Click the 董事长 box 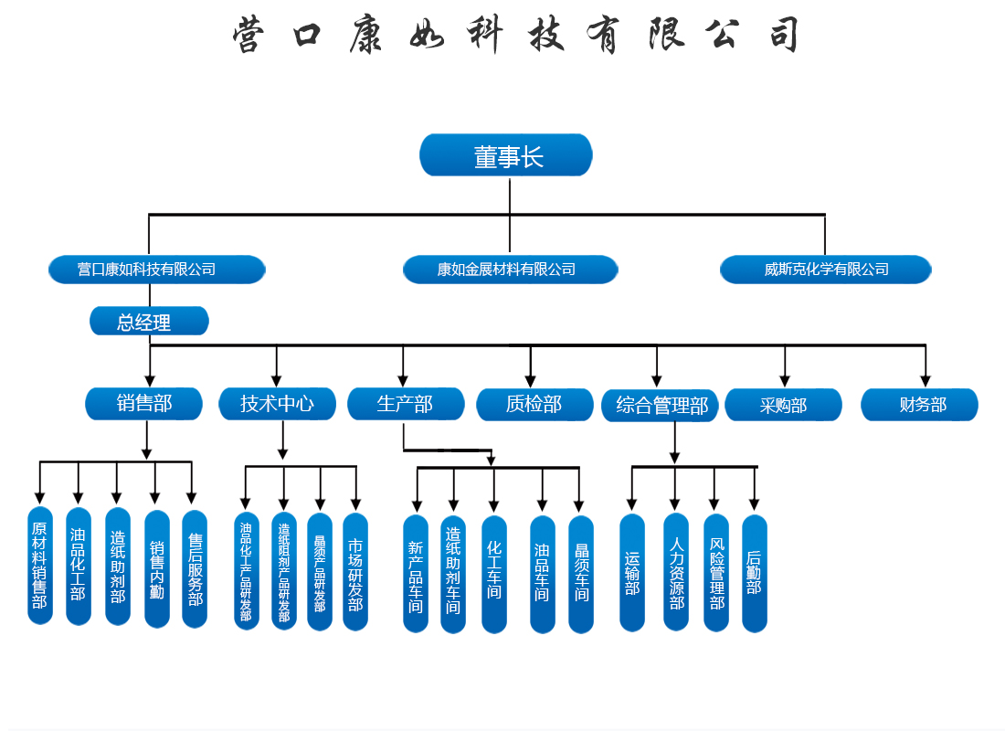tap(506, 155)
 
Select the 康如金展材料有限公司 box tap(510, 270)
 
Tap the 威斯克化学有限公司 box tap(826, 270)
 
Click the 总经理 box tap(149, 322)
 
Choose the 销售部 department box tap(144, 403)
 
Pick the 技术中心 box tap(278, 403)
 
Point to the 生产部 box tap(405, 403)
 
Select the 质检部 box tap(534, 404)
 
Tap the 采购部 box tap(783, 405)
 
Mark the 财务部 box tap(919, 405)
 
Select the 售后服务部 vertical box tap(195, 568)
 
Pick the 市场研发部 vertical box tap(355, 572)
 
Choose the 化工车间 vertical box tap(494, 574)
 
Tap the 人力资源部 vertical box tap(676, 573)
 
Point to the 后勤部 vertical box tap(754, 573)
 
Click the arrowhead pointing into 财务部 tap(926, 379)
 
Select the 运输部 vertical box tap(632, 573)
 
